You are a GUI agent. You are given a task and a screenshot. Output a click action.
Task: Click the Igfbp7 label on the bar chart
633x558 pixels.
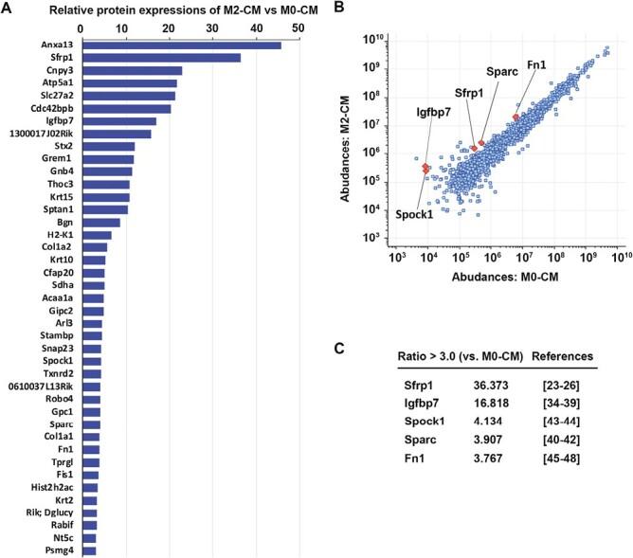coord(60,120)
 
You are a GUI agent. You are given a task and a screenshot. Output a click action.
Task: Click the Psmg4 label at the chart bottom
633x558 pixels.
coord(63,549)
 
